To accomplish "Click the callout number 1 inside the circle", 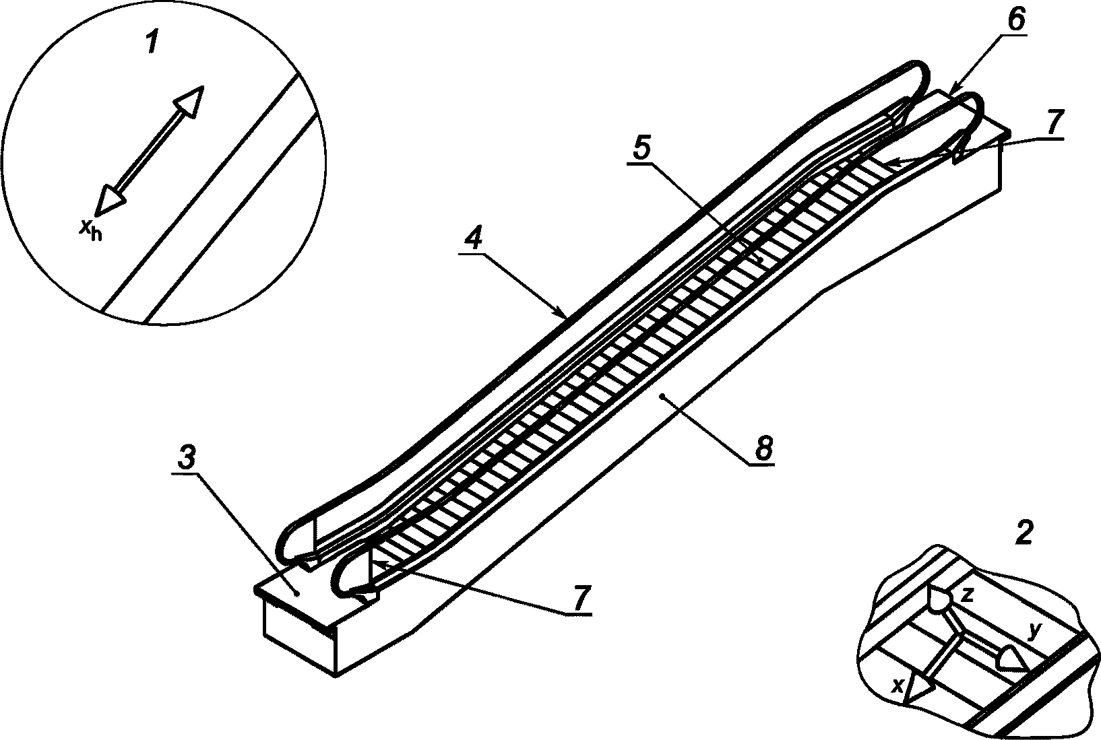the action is pos(152,42).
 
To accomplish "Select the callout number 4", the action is pos(474,238).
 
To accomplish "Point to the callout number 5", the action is pos(641,148).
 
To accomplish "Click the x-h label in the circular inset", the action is pos(91,230).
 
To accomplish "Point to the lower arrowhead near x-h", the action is pos(109,200).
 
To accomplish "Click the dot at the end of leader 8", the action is pos(662,395).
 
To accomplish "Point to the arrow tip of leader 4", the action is pos(566,316).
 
